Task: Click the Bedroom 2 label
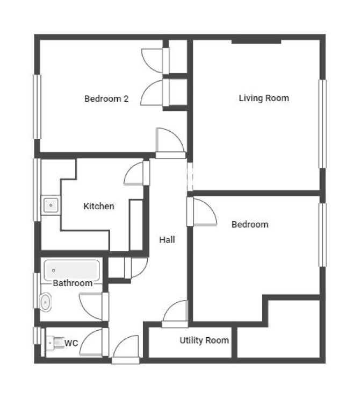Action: [106, 98]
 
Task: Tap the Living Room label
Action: [264, 98]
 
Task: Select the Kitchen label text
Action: [99, 206]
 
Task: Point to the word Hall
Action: [167, 240]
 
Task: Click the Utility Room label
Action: [204, 340]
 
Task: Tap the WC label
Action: [71, 343]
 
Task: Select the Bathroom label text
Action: [73, 283]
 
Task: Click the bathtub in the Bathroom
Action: [72, 270]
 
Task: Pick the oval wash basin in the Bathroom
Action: [46, 302]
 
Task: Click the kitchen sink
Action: [51, 205]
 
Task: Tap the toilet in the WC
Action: [55, 343]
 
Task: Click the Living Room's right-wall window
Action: [322, 124]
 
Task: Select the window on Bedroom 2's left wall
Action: [37, 106]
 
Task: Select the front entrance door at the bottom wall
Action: [126, 360]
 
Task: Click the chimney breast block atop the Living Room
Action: [256, 41]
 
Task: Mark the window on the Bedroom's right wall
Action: [322, 234]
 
